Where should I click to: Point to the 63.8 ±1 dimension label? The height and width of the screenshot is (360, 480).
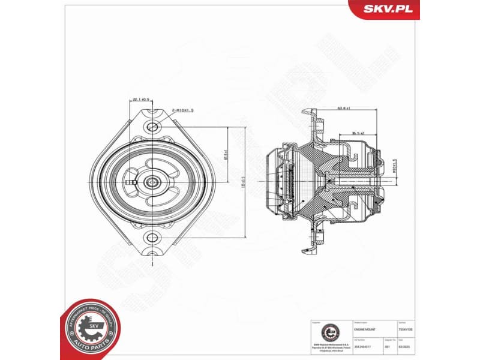point(343,109)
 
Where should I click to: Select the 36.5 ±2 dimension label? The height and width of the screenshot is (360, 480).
point(359,133)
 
